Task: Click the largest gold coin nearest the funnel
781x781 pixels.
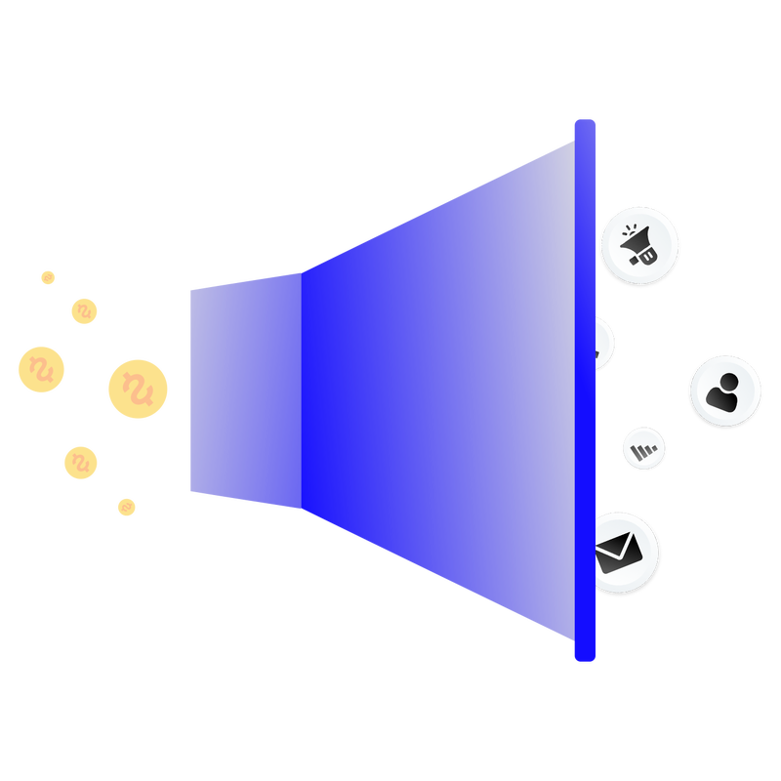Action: coord(138,389)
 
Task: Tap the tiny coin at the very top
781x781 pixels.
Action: coord(48,277)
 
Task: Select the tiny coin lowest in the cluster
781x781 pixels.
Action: coord(126,507)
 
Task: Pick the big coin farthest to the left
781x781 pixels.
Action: coord(41,368)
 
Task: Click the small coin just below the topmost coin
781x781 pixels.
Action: coord(85,310)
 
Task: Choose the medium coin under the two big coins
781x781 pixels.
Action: coord(81,463)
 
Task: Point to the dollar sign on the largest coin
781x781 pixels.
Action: coord(138,389)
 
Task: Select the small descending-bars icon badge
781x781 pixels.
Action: coord(644,448)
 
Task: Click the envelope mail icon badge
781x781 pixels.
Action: coord(626,551)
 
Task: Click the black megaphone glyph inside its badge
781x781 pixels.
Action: coord(641,245)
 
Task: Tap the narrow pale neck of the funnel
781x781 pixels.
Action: coord(244,390)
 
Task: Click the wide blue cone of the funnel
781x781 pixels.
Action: coord(439,390)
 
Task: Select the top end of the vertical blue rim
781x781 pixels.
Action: coord(585,123)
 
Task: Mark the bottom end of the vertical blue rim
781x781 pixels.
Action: coord(585,657)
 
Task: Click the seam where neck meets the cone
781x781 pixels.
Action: coord(302,390)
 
